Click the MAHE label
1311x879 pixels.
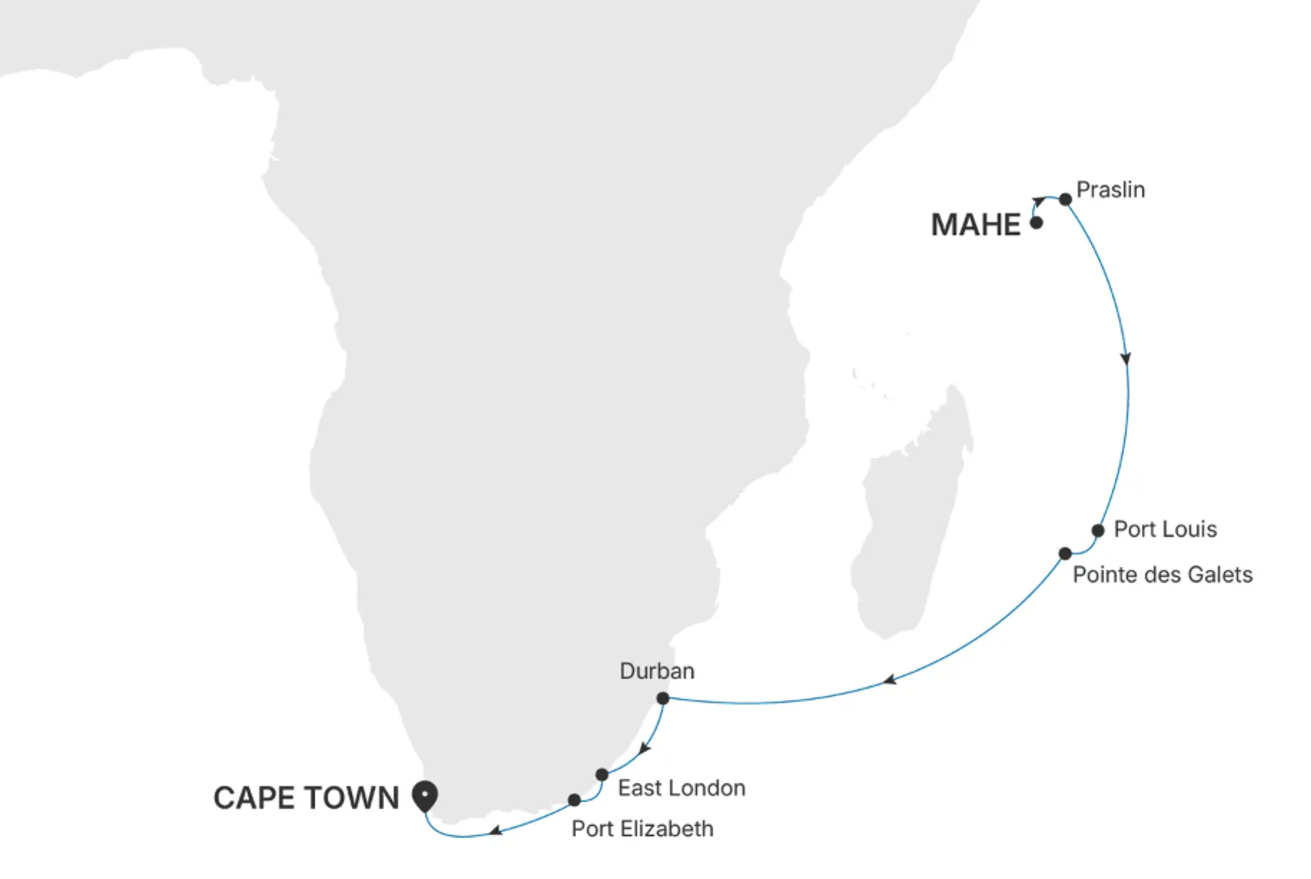coord(975,225)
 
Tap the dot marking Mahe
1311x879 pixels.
coord(1037,223)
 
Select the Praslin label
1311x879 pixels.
coord(1110,190)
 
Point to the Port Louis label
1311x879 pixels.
coord(1165,529)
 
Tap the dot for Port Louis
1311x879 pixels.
coord(1098,530)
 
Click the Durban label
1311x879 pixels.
coord(657,671)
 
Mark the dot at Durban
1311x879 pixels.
coord(663,698)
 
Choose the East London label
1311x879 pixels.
coord(681,788)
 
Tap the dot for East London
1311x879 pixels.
coord(602,775)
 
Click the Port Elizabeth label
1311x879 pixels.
coord(642,828)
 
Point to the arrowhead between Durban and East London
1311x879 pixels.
coord(645,748)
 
